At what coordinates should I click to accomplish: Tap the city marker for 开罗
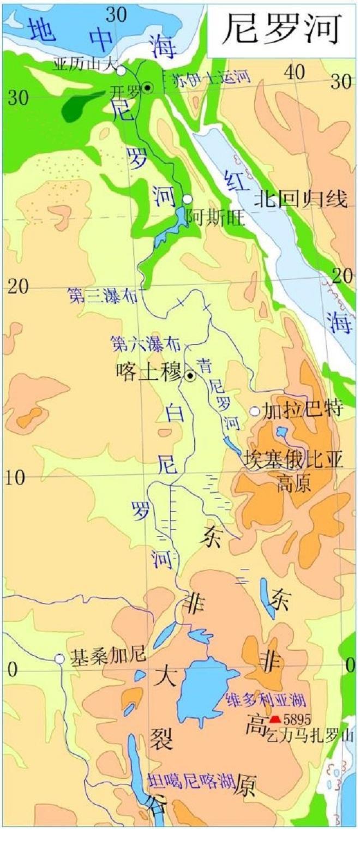coord(147,87)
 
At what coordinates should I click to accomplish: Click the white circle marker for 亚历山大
coord(121,70)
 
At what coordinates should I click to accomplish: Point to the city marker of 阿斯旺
coord(188,199)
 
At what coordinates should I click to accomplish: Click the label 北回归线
coord(301,200)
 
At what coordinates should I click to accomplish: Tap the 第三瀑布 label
coord(102,295)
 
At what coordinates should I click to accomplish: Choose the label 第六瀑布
coord(145,343)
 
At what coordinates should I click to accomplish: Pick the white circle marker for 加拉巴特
coord(255,411)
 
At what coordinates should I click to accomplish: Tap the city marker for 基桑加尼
coord(59,659)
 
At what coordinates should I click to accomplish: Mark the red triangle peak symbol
coord(275,719)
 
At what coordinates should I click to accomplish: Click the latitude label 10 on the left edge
coord(15,478)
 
